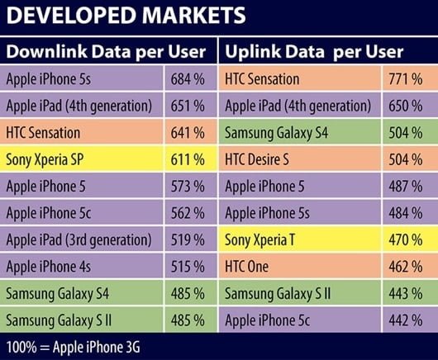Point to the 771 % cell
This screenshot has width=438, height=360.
405,79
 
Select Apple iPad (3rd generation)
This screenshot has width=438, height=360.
79,239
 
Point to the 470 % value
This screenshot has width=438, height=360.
405,239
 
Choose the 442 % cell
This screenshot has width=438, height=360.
405,320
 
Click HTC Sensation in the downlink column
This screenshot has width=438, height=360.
43,132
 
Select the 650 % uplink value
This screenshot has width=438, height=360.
405,106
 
